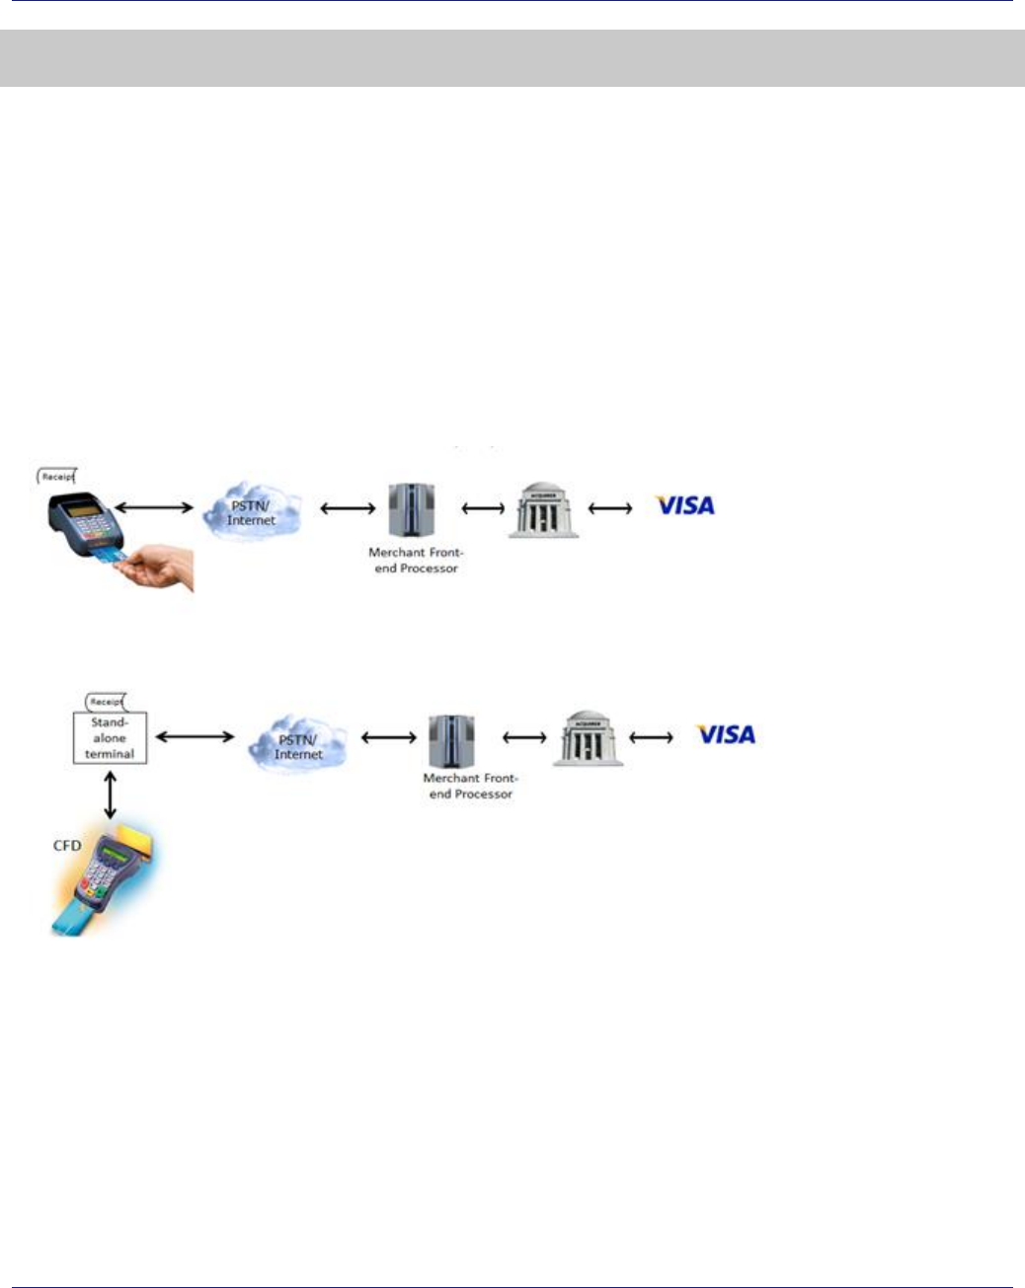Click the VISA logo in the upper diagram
click(685, 505)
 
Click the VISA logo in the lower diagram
click(726, 734)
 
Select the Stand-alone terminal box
click(110, 737)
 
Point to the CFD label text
click(67, 846)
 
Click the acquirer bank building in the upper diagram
click(543, 510)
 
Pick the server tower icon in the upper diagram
click(412, 510)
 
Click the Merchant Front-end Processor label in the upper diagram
click(416, 561)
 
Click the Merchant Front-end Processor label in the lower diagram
click(471, 786)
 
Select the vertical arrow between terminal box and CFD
click(110, 795)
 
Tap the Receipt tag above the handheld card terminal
click(57, 477)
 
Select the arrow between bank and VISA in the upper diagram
click(610, 508)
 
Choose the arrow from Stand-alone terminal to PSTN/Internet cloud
click(196, 736)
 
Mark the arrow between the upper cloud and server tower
click(348, 509)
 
